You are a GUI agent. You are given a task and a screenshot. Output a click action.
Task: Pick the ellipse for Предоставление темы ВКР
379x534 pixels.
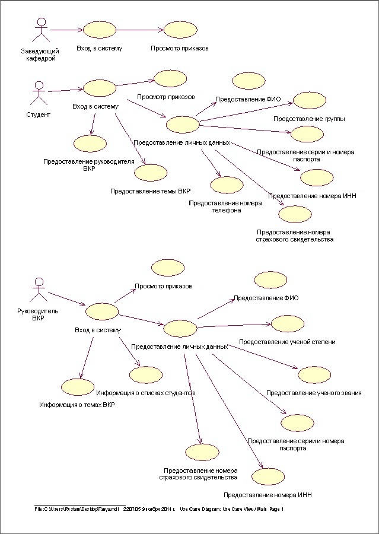point(151,173)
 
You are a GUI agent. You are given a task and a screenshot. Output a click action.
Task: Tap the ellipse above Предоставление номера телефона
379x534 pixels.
point(227,185)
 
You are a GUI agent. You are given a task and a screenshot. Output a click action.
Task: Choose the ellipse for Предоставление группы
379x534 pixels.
point(309,100)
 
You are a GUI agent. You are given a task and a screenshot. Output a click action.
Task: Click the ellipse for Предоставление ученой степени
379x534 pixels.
point(287,323)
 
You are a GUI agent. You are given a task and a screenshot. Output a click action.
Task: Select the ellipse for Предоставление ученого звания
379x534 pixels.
point(314,374)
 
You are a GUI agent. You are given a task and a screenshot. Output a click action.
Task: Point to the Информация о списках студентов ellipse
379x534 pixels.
point(146,374)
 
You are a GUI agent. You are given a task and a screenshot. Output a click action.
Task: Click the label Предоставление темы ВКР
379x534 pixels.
point(150,192)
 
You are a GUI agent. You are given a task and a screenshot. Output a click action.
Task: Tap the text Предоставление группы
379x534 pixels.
point(309,119)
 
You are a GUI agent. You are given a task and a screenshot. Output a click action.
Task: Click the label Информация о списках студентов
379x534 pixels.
point(146,393)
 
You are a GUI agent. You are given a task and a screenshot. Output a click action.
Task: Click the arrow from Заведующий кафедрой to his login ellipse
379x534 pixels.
point(66,29)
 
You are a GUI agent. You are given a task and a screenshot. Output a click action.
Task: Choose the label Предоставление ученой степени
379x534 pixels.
point(287,342)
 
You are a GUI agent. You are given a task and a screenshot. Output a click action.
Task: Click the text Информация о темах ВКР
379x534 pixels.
point(77,405)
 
